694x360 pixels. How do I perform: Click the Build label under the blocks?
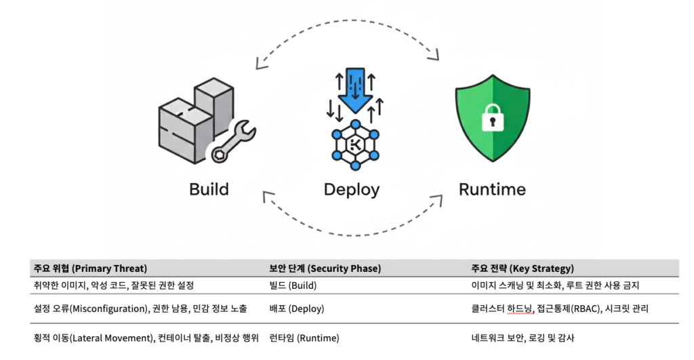(x=209, y=190)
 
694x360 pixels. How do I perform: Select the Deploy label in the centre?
(x=352, y=190)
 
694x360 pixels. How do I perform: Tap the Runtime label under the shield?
(x=492, y=190)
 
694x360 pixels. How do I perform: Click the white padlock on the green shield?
(x=493, y=117)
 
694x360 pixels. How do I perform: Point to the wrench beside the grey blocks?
(x=233, y=141)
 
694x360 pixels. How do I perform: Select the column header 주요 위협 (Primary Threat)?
(x=90, y=268)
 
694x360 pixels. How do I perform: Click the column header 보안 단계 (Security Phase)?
(x=325, y=268)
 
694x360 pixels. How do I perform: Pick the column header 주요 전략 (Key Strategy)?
(x=523, y=268)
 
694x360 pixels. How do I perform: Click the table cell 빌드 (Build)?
(x=293, y=285)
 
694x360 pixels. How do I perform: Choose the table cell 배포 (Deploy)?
(x=297, y=308)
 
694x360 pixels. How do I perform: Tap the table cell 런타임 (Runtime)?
(x=304, y=338)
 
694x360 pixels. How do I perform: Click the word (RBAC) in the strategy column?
(x=586, y=308)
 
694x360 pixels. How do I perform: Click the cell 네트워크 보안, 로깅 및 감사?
(x=523, y=338)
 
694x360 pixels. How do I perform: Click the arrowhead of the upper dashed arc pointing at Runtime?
(x=434, y=54)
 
